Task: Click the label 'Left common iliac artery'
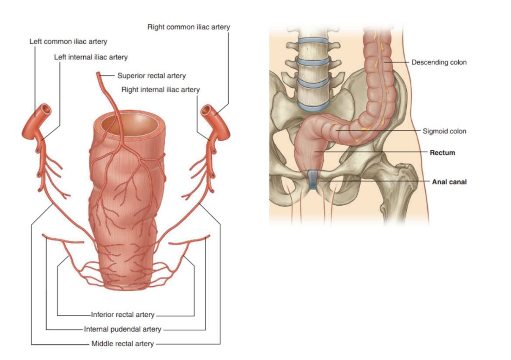[68, 42]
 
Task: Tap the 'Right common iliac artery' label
[188, 27]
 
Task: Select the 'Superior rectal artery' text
[151, 76]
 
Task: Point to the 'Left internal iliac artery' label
[91, 57]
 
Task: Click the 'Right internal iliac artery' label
[160, 90]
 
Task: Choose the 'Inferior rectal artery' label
[123, 315]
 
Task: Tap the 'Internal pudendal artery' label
[123, 329]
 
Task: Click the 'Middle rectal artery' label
[123, 344]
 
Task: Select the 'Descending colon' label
[439, 62]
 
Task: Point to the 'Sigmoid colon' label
[444, 131]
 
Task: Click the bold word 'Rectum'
[442, 153]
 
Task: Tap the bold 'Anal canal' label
[449, 182]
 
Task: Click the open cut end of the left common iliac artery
[45, 109]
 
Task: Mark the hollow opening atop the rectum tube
[129, 126]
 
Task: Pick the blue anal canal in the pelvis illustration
[313, 179]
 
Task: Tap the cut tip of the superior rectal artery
[98, 75]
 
